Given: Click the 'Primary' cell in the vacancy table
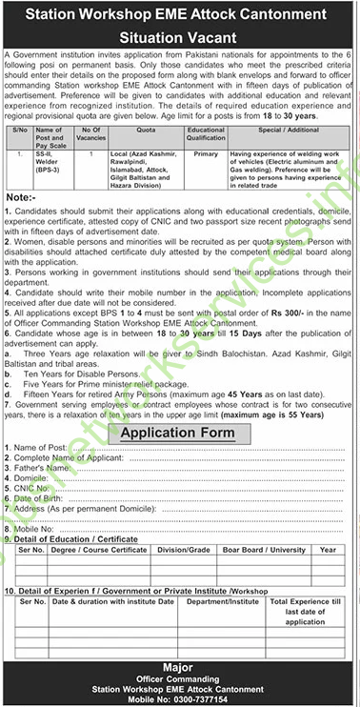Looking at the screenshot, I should (206, 151).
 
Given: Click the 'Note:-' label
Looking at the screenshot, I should (21, 196).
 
